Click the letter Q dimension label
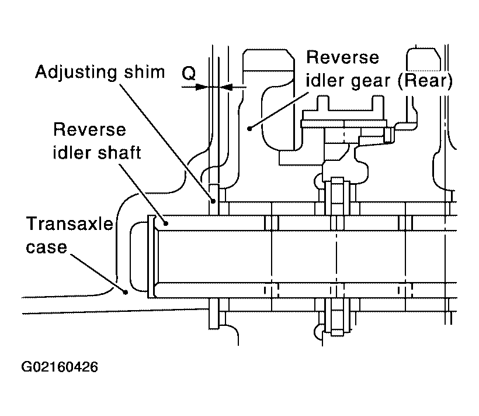point(189,74)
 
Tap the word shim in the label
point(144,72)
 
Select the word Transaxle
point(70,224)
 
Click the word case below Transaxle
point(46,247)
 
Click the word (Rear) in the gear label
point(425,81)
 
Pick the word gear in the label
point(371,82)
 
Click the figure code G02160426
point(60,367)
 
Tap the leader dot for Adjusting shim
point(214,201)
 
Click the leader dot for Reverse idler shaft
point(166,224)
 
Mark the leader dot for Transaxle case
point(125,293)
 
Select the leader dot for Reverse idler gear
point(249,129)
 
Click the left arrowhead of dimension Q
point(202,87)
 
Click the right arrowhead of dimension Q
point(225,87)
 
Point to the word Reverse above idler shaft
point(89,130)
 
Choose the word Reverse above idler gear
point(342,57)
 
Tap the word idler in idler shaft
point(72,152)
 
